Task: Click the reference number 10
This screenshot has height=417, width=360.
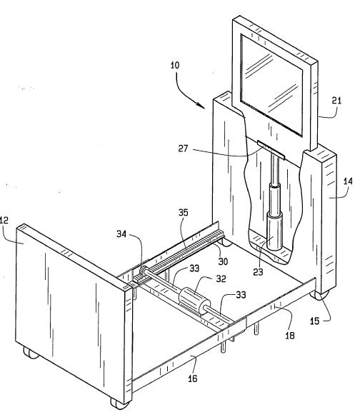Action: point(175,66)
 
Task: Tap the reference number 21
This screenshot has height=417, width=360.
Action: point(336,101)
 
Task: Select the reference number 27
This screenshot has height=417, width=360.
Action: point(183,149)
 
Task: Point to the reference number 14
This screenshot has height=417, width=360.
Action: point(348,181)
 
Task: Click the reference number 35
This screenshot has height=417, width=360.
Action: point(184,213)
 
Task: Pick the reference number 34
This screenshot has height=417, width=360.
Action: point(121,234)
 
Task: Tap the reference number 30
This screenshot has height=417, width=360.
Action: point(223,261)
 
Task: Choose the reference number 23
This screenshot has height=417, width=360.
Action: point(258,272)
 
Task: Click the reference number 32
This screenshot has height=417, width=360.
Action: point(221,278)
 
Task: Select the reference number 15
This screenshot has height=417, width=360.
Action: point(314,321)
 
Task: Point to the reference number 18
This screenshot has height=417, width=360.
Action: point(290,336)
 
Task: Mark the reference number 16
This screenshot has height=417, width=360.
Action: point(193,378)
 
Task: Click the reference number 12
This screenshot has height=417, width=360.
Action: point(4,220)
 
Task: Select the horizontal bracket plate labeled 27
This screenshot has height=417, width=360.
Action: point(271,150)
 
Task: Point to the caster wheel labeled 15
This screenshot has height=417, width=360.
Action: point(319,295)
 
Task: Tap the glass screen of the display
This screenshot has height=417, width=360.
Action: point(271,85)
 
